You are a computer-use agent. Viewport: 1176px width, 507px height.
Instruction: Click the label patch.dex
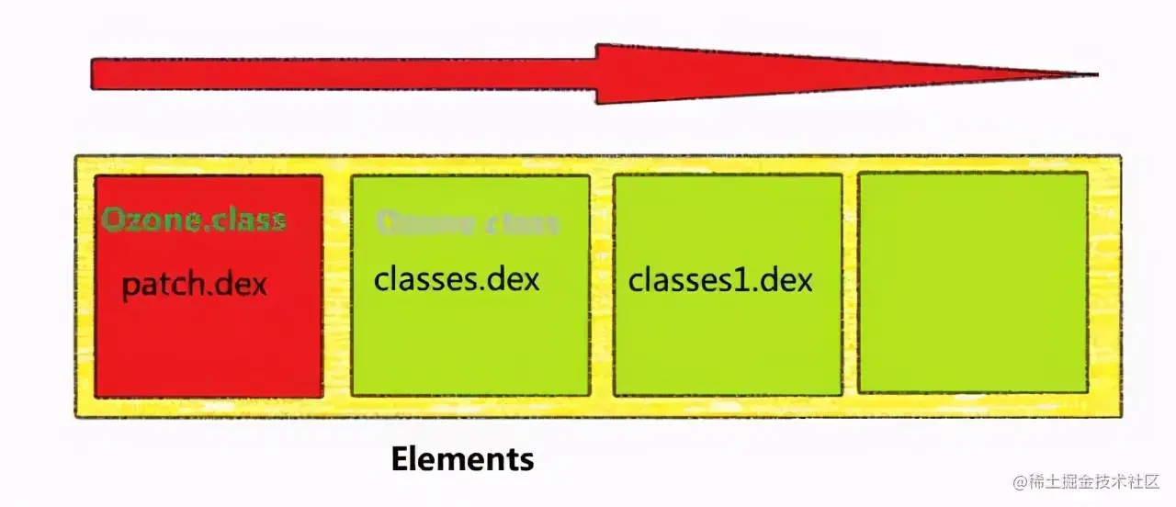click(195, 284)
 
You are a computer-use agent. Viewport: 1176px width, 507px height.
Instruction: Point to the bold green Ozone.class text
click(194, 220)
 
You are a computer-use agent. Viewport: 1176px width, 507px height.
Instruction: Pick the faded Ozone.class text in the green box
click(468, 222)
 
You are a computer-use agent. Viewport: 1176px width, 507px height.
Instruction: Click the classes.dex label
click(457, 278)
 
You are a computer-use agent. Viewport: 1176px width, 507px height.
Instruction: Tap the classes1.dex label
click(720, 279)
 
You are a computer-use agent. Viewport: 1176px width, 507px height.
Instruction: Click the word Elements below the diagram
click(462, 458)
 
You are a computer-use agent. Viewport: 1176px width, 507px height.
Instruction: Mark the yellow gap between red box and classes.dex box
click(337, 285)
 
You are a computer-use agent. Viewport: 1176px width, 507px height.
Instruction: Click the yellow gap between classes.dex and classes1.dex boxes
click(602, 285)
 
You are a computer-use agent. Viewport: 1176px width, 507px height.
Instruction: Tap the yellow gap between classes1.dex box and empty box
click(850, 285)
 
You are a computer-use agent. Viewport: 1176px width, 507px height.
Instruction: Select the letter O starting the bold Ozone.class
click(112, 220)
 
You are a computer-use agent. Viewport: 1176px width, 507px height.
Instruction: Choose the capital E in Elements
click(400, 458)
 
